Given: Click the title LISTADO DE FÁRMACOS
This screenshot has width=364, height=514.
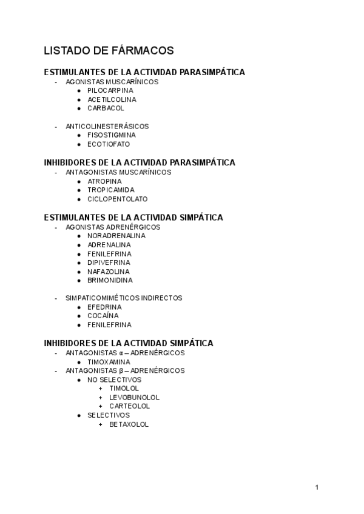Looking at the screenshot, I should pos(109,50).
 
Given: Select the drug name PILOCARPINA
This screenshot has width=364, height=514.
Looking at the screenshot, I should pos(110,90).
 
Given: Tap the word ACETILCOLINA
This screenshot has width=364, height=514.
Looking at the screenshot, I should pos(112,99).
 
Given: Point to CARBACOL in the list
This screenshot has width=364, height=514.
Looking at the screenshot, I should pos(106,108).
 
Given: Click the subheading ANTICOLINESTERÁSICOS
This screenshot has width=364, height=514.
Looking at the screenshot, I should pos(107,126).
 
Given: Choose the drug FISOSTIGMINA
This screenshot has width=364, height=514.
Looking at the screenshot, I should pos(112,135).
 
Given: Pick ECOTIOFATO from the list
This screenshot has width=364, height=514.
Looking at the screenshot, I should pos(109,144).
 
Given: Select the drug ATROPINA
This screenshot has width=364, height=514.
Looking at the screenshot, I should pos(104,181).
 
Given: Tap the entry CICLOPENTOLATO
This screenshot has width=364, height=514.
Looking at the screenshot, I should pos(117,199).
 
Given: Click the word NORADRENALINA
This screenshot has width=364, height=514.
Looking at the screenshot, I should pos(116,235).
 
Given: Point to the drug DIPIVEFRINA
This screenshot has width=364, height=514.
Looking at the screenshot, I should pos(109,262).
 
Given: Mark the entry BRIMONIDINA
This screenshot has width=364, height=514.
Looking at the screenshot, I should pos(110,280).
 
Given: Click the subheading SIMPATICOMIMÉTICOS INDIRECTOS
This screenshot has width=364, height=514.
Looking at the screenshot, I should pos(124,298).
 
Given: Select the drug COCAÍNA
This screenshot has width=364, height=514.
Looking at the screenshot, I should pos(103,316).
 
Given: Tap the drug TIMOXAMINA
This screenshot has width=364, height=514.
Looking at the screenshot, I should pos(109,361).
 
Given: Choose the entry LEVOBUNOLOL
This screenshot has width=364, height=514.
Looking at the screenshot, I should pos(134,398).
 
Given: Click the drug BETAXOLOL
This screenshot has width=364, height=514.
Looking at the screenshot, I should pos(129,424).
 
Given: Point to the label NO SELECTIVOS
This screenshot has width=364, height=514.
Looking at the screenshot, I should pos(114,379).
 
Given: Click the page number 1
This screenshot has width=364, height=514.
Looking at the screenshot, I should pos(317,487).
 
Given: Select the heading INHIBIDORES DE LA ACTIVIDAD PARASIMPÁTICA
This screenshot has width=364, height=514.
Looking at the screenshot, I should pos(140,162).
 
